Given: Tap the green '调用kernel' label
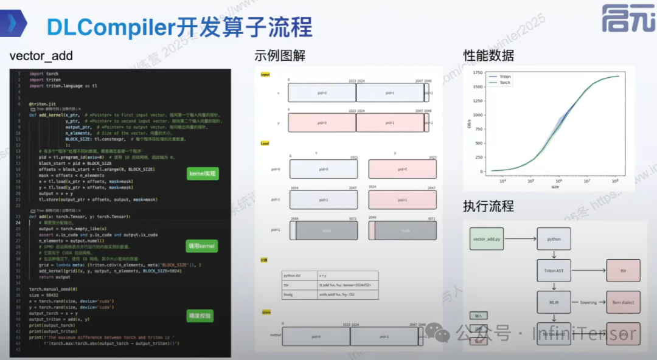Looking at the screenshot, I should pos(201,246).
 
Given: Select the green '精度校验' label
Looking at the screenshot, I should pos(200,316).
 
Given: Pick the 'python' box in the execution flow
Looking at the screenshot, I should pos(554,239).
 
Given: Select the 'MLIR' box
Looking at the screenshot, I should pos(554,301).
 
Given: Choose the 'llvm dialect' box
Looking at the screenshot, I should pos(623,301).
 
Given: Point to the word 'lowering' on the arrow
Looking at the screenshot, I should pos(588,301).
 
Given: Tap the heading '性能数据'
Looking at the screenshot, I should pos(488,56).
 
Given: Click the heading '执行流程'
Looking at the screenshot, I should pos(488,206).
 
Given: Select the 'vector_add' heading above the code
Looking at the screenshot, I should pos(41,56).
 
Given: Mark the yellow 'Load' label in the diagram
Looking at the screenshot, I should pos(265,144).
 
